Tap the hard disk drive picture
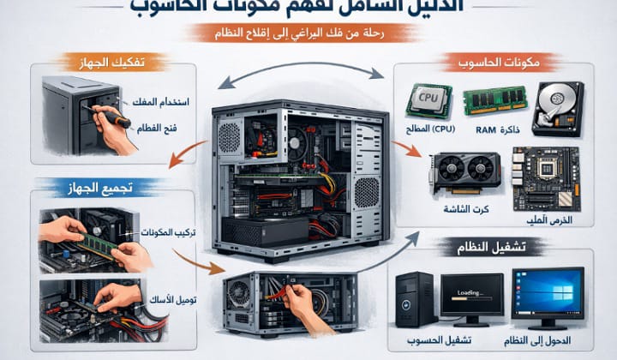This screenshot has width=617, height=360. (x=557, y=107)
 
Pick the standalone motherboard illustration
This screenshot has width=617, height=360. (x=545, y=177)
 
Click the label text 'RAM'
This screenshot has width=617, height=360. (x=486, y=129)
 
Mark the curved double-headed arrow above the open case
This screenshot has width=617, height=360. (x=299, y=79)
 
